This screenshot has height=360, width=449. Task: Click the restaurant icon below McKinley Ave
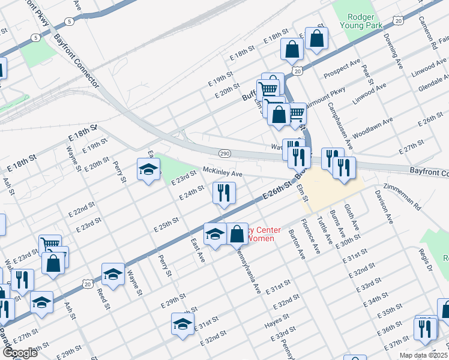(x=224, y=193)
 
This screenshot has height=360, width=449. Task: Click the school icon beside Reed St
(x=112, y=274)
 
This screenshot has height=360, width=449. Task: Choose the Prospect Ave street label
(x=342, y=69)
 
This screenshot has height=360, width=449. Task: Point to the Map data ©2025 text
(x=423, y=355)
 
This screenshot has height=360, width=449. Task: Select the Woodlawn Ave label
(x=373, y=128)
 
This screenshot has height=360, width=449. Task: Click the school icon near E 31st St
(x=182, y=323)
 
